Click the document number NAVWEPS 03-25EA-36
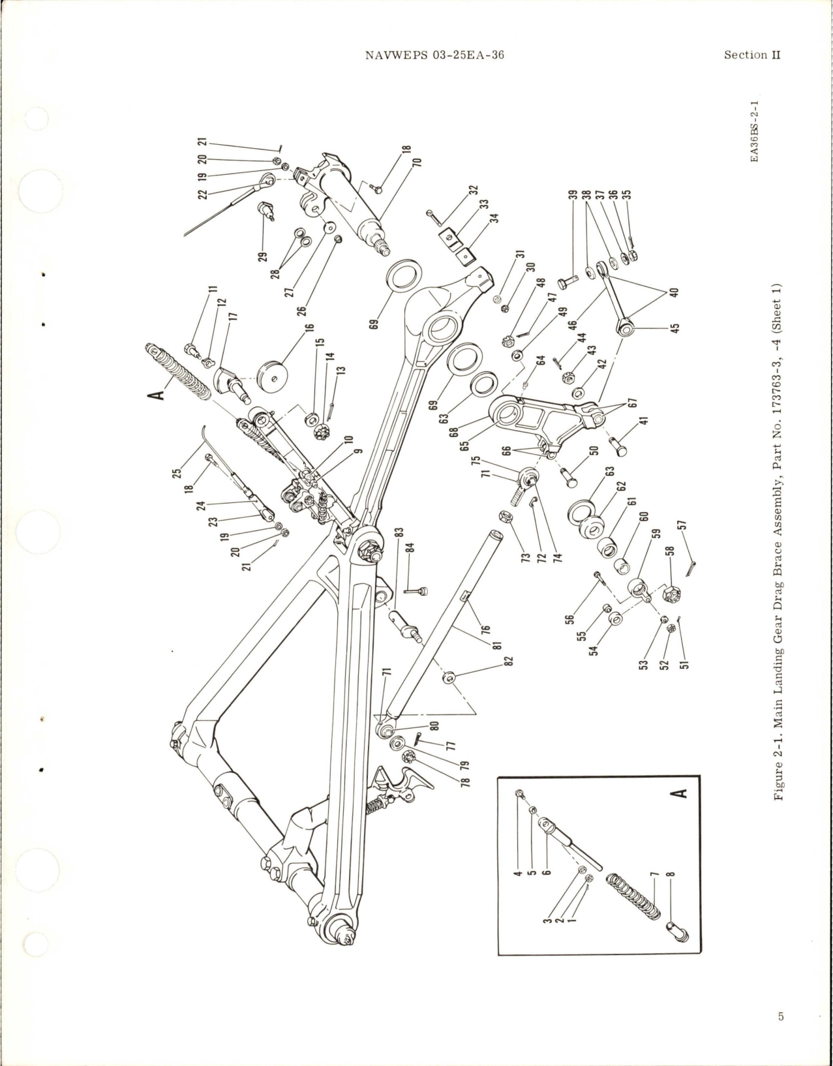(x=436, y=55)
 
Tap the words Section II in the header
(x=751, y=55)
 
